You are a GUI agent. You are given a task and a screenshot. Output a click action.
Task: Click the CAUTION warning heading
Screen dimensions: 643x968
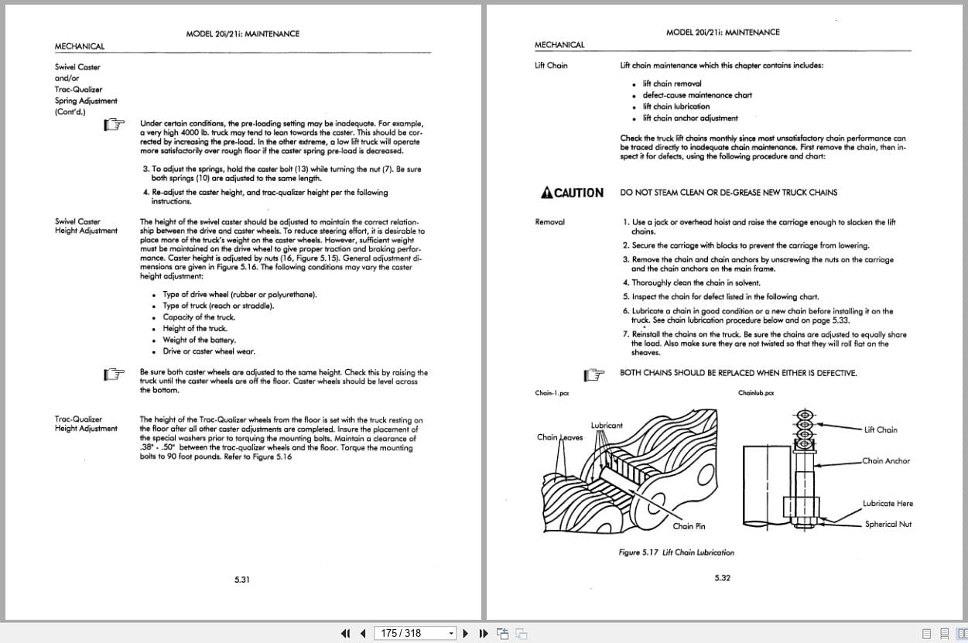573,193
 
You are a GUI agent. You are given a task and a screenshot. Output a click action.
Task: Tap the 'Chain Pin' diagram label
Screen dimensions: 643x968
688,526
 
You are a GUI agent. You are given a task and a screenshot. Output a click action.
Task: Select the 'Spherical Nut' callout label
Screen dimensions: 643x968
888,524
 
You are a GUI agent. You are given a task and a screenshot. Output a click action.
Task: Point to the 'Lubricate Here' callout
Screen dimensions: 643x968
888,504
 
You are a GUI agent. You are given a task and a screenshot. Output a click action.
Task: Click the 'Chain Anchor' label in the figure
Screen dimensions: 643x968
886,461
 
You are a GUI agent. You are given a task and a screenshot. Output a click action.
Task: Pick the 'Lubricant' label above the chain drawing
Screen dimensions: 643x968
606,426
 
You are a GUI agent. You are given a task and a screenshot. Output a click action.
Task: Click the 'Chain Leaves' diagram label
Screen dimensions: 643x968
559,437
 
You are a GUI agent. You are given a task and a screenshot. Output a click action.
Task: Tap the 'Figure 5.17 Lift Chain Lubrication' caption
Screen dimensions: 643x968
676,552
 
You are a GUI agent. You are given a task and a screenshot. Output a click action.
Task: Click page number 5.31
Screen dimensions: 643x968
242,579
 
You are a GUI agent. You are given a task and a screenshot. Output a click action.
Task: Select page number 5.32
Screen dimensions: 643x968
722,577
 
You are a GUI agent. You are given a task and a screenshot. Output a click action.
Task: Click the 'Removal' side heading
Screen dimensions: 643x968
549,222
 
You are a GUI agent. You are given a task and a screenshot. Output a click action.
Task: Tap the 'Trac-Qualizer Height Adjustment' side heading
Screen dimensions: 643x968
86,424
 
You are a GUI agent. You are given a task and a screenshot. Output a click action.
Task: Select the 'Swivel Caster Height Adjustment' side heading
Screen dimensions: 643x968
86,226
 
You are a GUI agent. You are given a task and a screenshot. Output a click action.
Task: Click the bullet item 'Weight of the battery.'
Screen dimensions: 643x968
199,340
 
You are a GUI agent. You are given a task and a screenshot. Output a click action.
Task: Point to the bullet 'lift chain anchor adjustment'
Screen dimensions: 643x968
689,118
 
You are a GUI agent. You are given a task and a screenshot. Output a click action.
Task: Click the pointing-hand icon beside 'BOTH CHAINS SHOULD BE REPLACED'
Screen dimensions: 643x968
593,375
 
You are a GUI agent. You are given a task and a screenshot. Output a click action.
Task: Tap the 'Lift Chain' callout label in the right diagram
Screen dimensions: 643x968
881,429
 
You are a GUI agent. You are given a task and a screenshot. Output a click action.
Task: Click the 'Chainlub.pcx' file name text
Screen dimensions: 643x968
756,393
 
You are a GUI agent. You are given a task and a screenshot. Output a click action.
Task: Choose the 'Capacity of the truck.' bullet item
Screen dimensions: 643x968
199,317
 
